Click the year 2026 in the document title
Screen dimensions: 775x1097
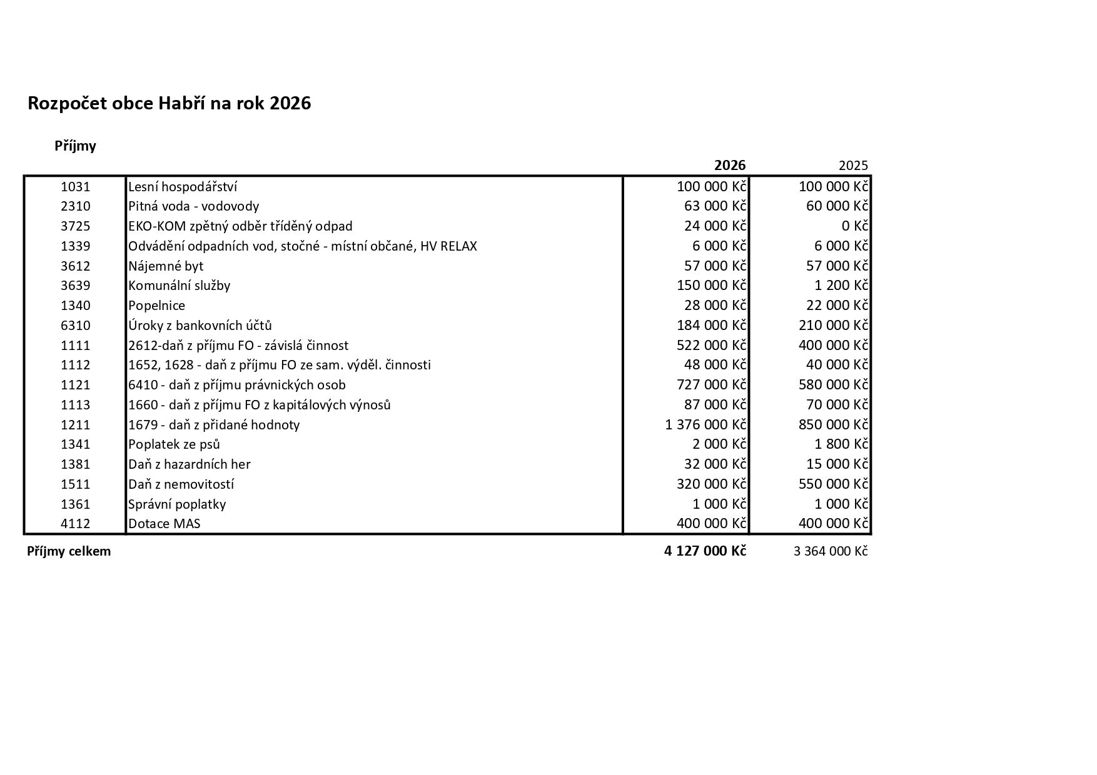(x=290, y=104)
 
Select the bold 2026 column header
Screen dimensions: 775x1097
(x=730, y=165)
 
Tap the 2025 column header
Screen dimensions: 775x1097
(x=853, y=166)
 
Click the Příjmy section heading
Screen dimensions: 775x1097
(x=75, y=146)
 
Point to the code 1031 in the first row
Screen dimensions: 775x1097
(x=76, y=187)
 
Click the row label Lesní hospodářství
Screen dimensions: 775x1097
(x=183, y=187)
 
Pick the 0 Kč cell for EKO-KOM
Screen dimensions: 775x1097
(x=854, y=226)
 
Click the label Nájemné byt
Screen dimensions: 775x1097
(x=166, y=266)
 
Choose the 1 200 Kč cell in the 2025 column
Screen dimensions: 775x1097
(x=841, y=286)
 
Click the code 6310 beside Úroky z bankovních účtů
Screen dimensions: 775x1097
(x=76, y=326)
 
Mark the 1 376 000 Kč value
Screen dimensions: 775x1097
(x=705, y=425)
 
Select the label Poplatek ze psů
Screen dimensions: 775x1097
(x=174, y=444)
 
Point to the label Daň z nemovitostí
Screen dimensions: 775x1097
(x=181, y=484)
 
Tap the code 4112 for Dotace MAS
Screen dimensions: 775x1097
(x=76, y=524)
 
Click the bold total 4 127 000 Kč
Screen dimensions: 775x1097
(x=705, y=551)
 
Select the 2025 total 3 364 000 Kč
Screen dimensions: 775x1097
(x=831, y=551)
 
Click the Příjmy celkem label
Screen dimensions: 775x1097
(x=69, y=551)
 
